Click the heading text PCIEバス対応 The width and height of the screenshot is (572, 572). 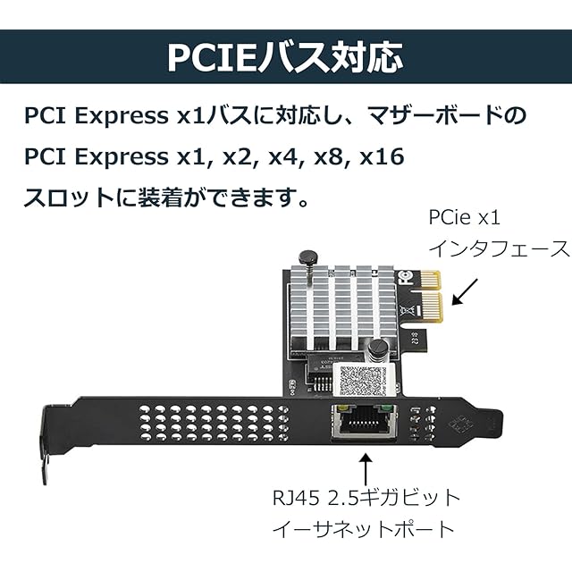click(285, 55)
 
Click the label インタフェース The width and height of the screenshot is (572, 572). click(499, 248)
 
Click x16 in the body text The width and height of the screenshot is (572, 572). click(382, 157)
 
